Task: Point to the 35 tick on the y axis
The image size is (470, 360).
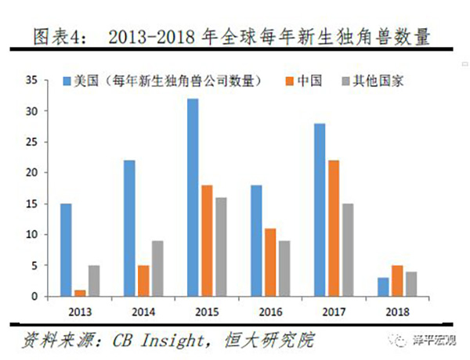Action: click(x=31, y=80)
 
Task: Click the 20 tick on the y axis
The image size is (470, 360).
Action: click(x=31, y=172)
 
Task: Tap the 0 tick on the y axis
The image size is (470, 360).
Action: click(x=34, y=296)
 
